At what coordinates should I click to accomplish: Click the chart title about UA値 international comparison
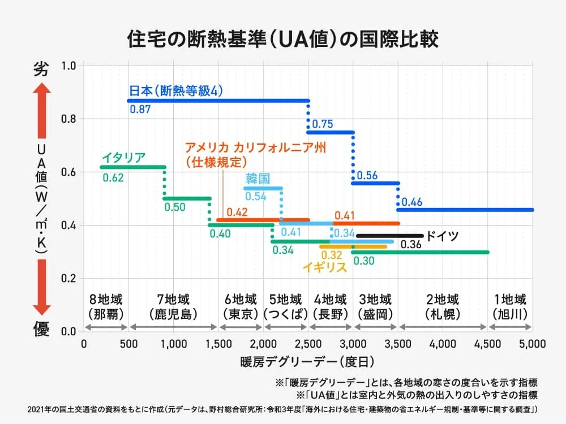282,40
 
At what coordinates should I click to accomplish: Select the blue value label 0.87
140,109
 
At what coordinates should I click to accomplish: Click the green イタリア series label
124,157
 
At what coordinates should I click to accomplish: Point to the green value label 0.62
113,178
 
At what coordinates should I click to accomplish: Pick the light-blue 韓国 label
258,179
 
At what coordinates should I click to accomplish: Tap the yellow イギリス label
324,267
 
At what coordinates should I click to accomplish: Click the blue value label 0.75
323,124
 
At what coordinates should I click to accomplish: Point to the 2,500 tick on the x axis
309,343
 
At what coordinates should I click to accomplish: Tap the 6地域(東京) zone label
241,306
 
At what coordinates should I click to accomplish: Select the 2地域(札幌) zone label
443,306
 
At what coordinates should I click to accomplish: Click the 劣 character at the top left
41,70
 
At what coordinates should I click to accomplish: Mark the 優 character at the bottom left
41,330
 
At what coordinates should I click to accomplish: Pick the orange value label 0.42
237,212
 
